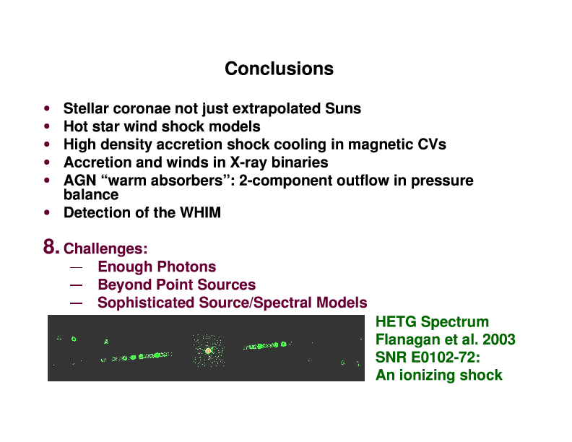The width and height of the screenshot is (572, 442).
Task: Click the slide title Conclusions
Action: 279,69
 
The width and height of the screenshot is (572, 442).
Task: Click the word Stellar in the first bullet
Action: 86,108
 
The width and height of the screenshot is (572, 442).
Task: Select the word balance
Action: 91,194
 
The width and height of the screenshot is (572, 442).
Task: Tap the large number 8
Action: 51,246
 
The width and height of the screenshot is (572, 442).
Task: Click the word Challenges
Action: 105,249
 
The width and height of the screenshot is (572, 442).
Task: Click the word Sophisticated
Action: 146,303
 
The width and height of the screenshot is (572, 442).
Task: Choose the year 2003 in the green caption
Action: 498,339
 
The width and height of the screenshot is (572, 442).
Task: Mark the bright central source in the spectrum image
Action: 208,351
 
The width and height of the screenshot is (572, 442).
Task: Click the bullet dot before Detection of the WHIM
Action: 47,212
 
